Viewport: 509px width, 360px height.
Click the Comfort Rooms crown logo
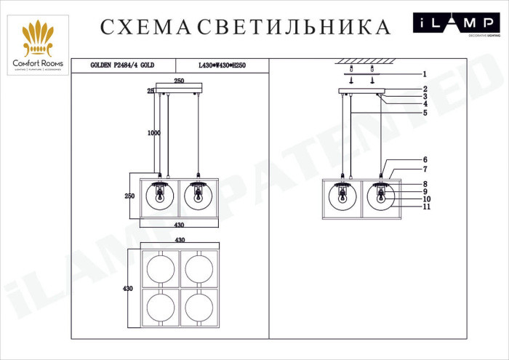[36, 40]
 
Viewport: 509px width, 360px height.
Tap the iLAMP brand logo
[456, 25]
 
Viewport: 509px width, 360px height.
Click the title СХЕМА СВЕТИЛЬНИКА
[245, 27]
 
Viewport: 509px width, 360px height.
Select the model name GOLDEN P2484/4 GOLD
[122, 65]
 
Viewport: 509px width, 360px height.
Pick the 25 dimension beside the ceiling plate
[150, 91]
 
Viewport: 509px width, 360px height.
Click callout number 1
[424, 73]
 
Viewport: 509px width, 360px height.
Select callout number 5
[424, 112]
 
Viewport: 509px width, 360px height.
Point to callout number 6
[425, 160]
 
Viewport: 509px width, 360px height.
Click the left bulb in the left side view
[161, 196]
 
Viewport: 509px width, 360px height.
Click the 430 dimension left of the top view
[127, 289]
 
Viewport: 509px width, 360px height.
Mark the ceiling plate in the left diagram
[178, 89]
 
